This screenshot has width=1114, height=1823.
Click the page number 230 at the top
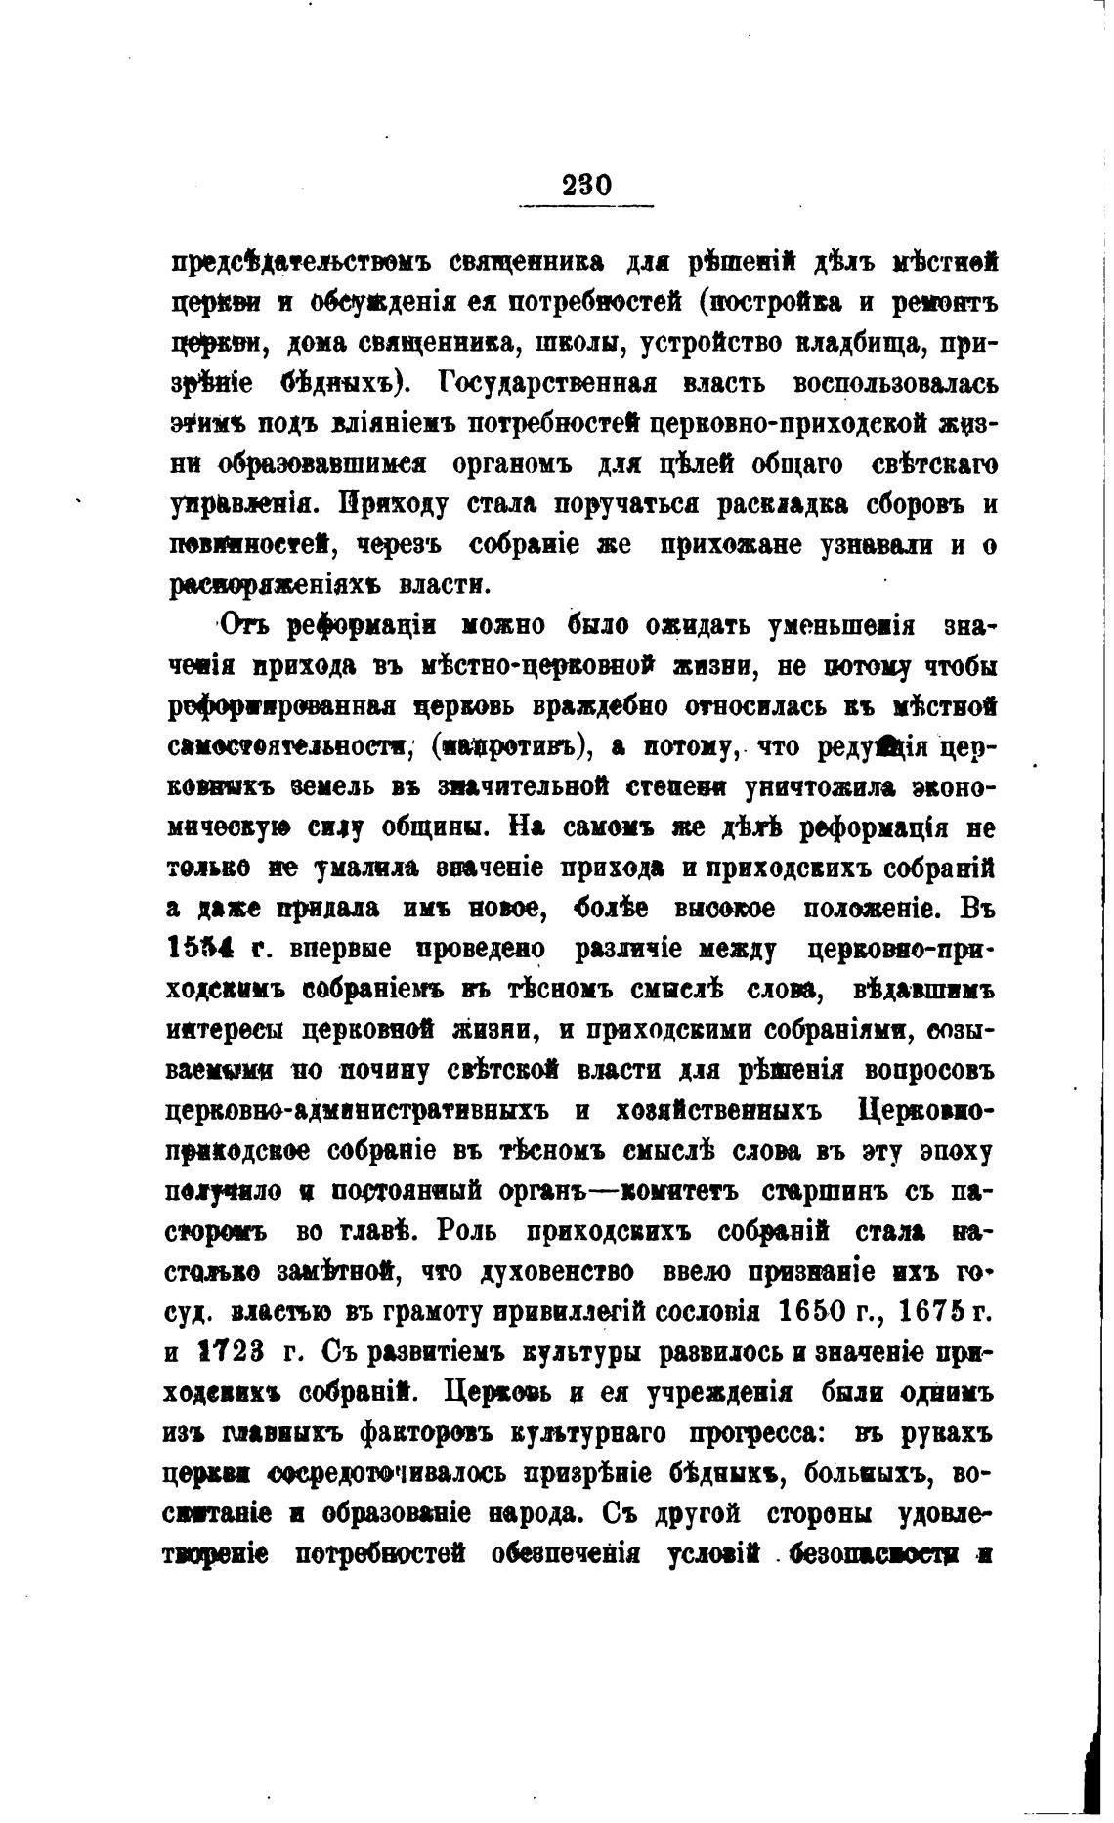pyautogui.click(x=586, y=186)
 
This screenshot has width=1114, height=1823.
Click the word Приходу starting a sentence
pyautogui.click(x=395, y=506)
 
